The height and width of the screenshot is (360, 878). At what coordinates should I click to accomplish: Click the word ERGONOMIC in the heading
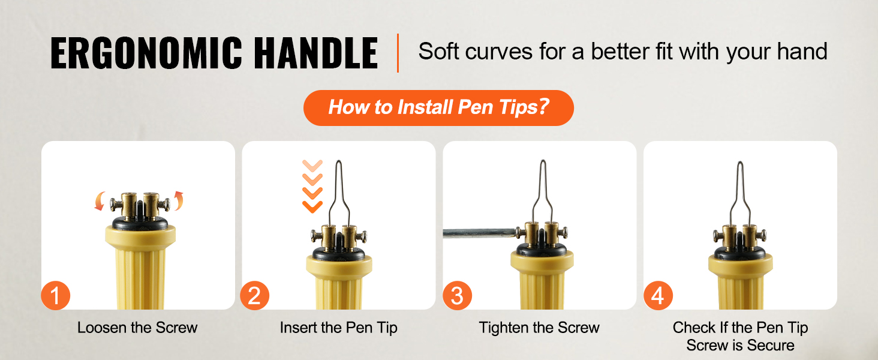point(146,53)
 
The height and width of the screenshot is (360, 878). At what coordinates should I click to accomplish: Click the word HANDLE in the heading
point(316,53)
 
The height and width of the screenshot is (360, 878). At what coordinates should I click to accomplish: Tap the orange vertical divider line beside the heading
point(398,53)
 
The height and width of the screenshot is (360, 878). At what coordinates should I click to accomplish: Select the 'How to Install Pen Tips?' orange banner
point(438,108)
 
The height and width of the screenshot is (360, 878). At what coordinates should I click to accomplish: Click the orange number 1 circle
point(56,295)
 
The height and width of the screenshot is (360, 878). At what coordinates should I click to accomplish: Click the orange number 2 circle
point(255,295)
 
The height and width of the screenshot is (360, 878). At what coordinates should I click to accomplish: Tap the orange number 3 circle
point(458,295)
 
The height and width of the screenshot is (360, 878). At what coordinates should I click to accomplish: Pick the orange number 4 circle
point(658,295)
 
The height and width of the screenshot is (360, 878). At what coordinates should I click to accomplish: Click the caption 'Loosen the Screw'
point(137,328)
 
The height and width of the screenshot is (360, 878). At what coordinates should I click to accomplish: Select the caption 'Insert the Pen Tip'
point(339,328)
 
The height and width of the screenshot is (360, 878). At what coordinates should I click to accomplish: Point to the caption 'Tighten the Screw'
point(539,328)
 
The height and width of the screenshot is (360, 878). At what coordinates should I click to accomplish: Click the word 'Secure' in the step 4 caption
point(771,345)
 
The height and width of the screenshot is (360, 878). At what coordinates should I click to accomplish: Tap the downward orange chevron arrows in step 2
point(312,186)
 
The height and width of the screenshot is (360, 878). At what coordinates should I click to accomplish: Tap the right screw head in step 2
point(364,236)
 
